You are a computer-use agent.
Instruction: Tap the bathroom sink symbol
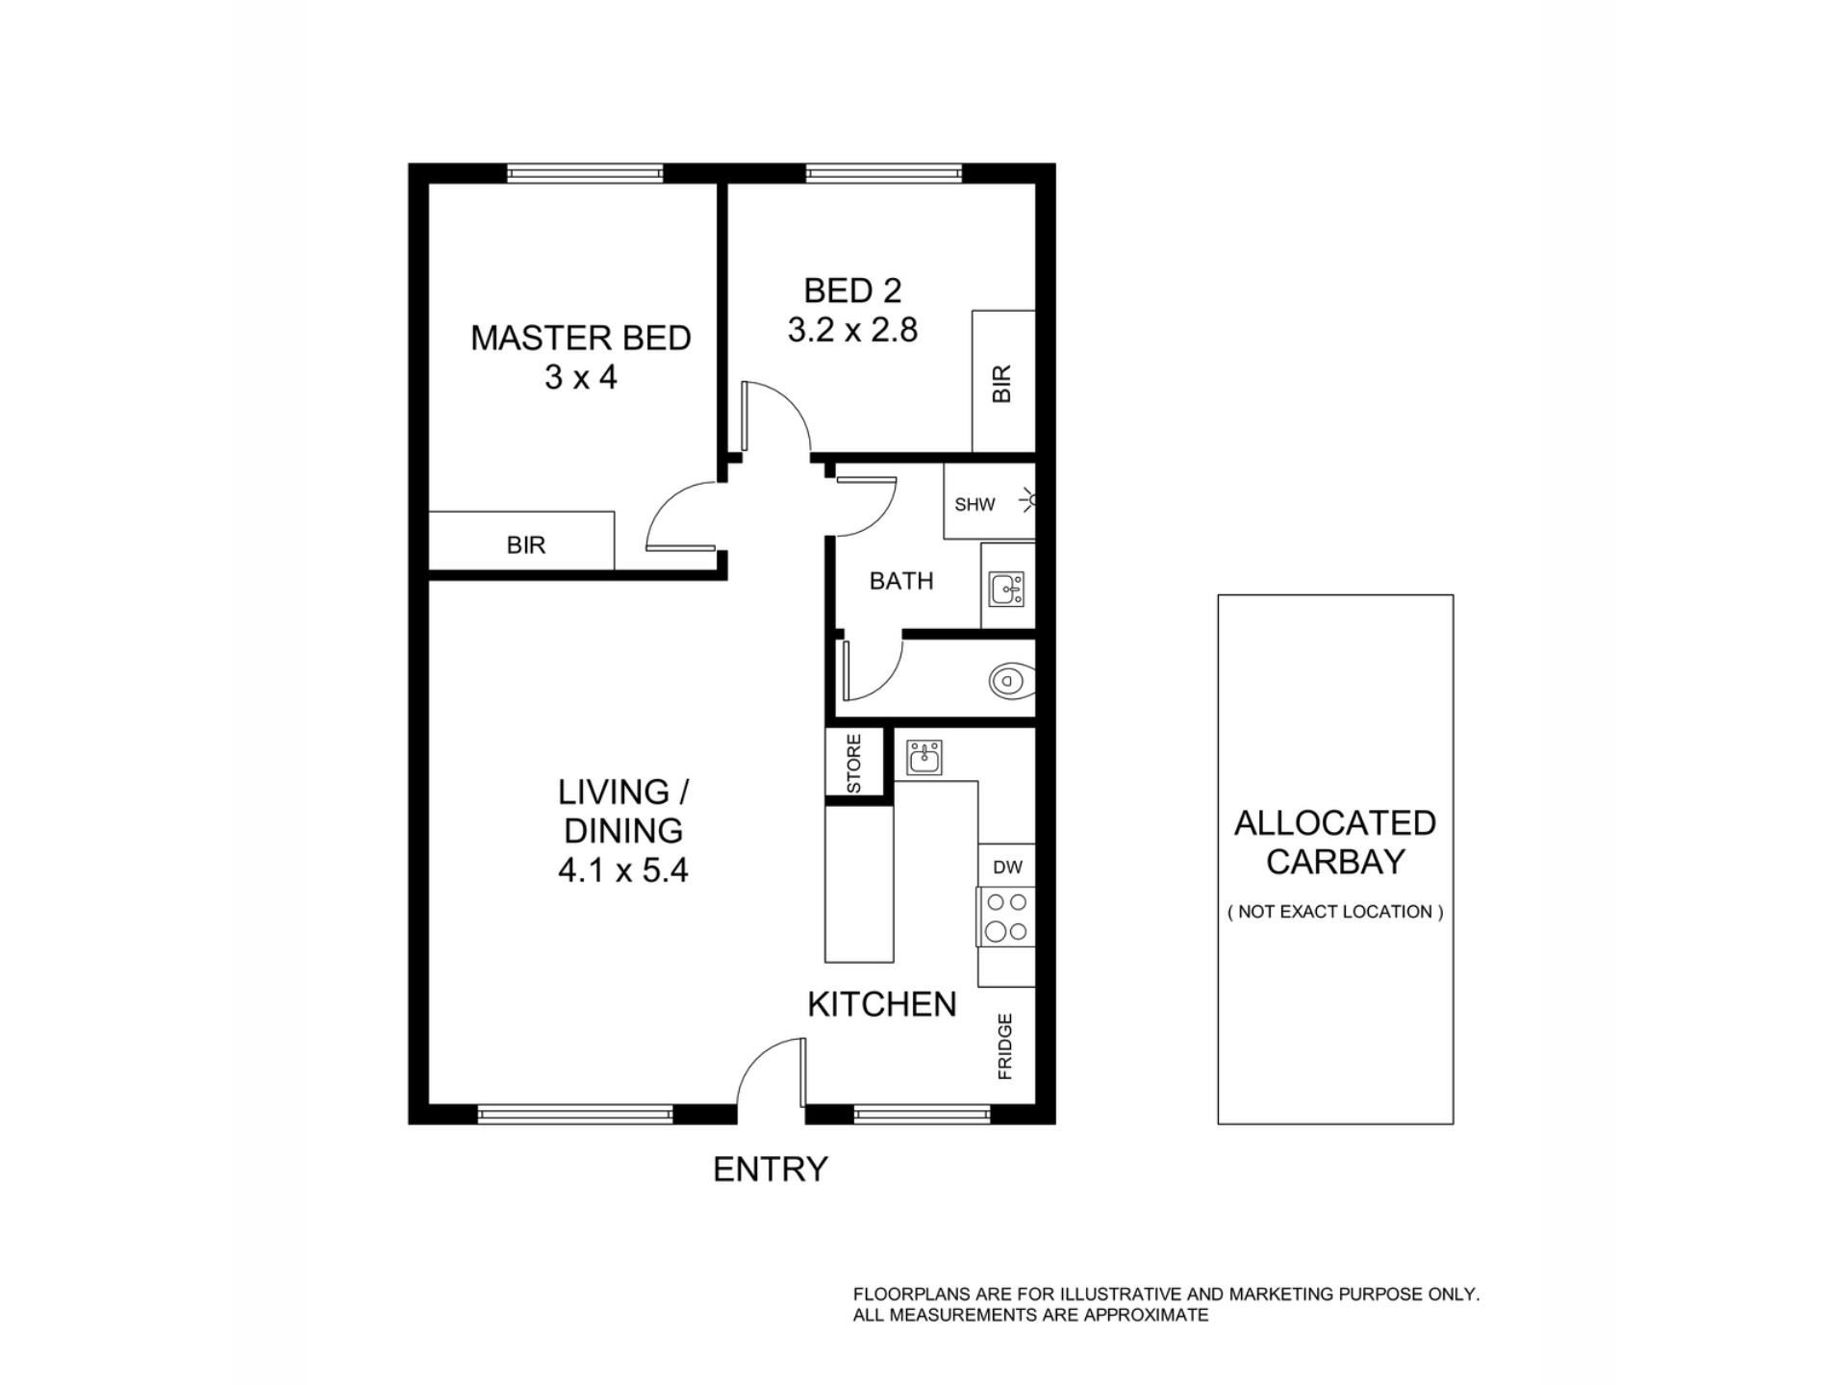click(x=1007, y=588)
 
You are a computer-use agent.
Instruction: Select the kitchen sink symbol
click(x=925, y=758)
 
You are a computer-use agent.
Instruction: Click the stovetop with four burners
click(x=1006, y=917)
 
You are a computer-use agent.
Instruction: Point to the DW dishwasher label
click(x=1007, y=868)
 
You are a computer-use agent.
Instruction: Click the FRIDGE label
click(x=1005, y=1045)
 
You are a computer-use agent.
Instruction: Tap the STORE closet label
click(x=854, y=764)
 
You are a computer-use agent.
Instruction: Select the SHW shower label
click(x=974, y=504)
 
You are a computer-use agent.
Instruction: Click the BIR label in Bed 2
click(x=1001, y=383)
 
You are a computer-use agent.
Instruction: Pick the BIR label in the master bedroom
click(x=526, y=545)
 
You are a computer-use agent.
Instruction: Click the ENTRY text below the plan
click(x=771, y=1170)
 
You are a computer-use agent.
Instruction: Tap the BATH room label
click(x=901, y=581)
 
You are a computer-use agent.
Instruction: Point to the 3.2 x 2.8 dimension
click(x=853, y=330)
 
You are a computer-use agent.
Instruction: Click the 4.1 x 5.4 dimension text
click(x=623, y=870)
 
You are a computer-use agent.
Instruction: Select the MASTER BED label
click(x=581, y=339)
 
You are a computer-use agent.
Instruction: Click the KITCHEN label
click(x=882, y=1004)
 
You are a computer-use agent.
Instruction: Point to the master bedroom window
click(x=585, y=173)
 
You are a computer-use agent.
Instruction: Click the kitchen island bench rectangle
click(x=859, y=884)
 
